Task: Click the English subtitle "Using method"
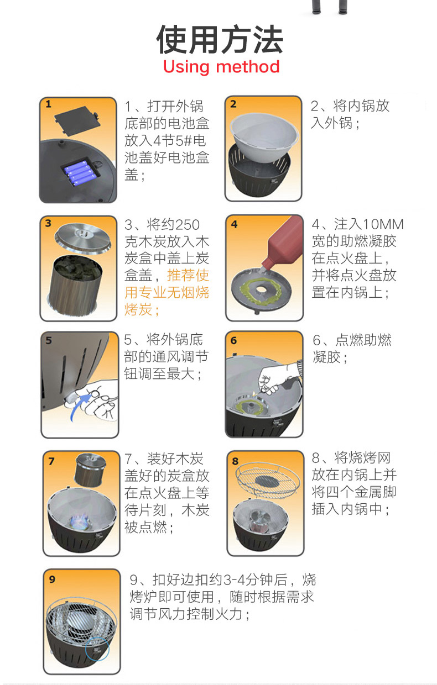(221, 67)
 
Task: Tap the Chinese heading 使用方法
(220, 40)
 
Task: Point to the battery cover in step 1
(77, 120)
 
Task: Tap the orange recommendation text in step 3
(167, 292)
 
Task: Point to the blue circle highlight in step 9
(97, 649)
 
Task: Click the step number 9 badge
(52, 579)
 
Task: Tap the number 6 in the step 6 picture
(233, 340)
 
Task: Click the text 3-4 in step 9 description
(235, 580)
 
